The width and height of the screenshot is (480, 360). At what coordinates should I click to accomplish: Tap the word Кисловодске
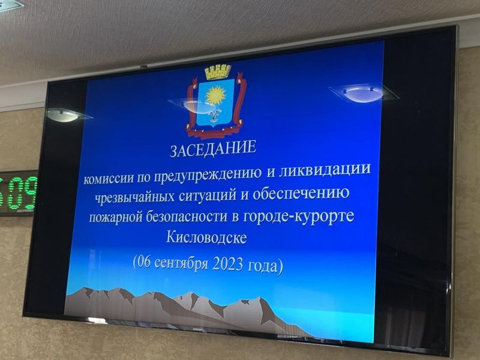click(206, 237)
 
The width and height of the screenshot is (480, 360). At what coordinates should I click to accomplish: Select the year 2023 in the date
click(227, 264)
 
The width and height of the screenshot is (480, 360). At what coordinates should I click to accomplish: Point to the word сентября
click(182, 263)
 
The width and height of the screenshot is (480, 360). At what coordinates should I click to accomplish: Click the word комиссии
click(109, 178)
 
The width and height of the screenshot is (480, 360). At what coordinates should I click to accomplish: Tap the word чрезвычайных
click(134, 196)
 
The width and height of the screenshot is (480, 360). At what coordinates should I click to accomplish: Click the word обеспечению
click(301, 193)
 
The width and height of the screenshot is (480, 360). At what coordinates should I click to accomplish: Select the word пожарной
click(116, 217)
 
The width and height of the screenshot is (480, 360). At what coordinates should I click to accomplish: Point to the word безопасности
click(187, 216)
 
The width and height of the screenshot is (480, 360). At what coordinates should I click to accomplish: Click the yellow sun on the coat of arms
click(215, 95)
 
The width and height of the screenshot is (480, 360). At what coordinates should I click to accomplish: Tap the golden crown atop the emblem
click(218, 72)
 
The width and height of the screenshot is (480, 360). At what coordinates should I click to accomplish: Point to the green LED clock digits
click(19, 193)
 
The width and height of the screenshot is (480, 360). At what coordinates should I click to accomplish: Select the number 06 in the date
click(143, 262)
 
